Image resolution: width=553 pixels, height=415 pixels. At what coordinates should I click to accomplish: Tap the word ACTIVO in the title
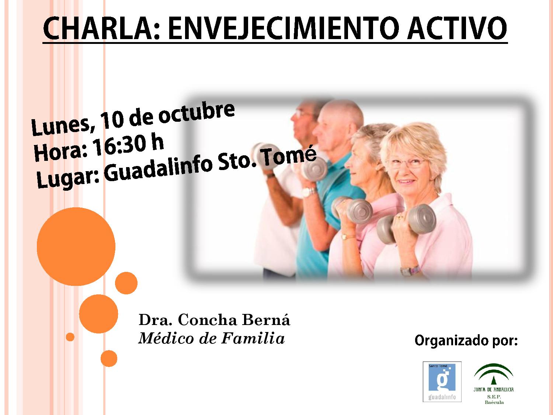point(456,28)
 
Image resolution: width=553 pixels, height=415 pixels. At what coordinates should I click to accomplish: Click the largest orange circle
point(76,246)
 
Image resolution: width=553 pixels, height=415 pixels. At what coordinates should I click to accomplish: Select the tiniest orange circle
point(70,337)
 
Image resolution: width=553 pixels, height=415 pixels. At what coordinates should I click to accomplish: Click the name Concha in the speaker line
point(207,320)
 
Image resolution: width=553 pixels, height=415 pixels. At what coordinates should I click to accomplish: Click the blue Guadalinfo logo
point(442,381)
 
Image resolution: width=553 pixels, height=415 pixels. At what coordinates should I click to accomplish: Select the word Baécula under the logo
point(494,402)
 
